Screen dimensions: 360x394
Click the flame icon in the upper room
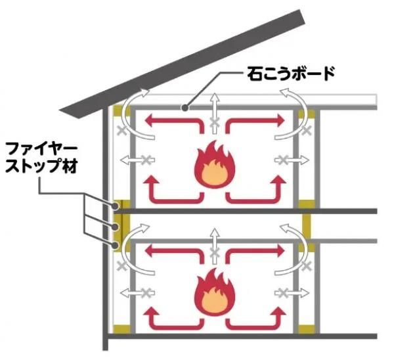211,165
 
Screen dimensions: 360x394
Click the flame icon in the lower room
211,293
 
